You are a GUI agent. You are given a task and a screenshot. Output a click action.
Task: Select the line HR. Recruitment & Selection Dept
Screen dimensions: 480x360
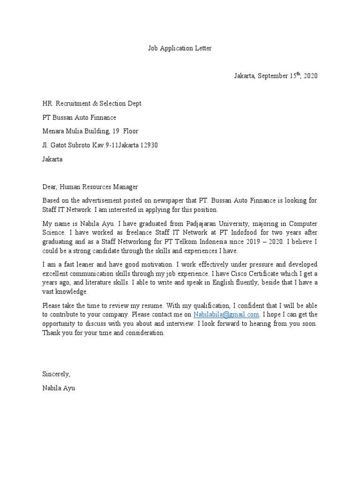coord(91,103)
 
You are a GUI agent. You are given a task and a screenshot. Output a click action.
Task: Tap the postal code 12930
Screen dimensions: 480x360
coord(149,145)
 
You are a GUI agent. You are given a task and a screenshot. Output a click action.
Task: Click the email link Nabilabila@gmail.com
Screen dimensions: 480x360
coord(226,315)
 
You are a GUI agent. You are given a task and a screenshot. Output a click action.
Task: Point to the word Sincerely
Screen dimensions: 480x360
coord(56,374)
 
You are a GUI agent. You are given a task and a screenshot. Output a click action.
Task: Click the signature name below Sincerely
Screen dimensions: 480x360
coord(59,388)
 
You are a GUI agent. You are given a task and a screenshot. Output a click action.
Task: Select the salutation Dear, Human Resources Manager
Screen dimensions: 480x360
coord(90,187)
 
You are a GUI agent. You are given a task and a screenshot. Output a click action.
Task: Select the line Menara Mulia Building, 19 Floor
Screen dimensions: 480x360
coord(90,131)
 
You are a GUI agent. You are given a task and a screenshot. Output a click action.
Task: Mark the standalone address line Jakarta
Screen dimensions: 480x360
coord(52,159)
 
